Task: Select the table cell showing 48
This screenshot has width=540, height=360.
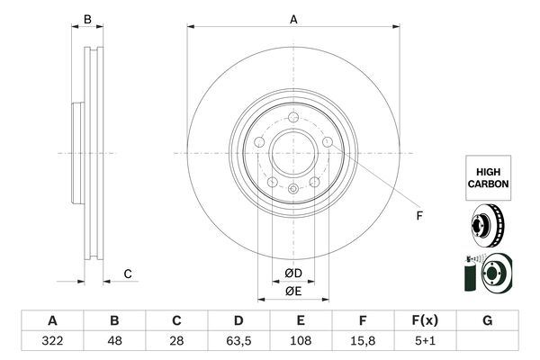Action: click(x=114, y=342)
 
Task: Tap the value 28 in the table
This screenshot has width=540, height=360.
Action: click(x=176, y=342)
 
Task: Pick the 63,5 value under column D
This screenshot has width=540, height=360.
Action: click(x=238, y=342)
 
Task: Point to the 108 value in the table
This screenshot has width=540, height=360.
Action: click(x=301, y=342)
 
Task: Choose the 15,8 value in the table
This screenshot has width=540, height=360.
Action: click(x=364, y=342)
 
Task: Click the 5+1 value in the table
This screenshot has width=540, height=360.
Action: click(x=426, y=342)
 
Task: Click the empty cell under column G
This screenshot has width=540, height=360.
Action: click(x=488, y=342)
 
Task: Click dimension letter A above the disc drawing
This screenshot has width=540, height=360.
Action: click(x=293, y=19)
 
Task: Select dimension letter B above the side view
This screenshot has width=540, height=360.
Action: click(x=87, y=19)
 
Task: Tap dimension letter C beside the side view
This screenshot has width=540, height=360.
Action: click(x=128, y=274)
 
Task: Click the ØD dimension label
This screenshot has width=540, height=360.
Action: click(x=293, y=274)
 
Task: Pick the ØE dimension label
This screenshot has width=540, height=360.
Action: click(x=293, y=291)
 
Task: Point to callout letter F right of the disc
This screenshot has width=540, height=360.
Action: click(x=418, y=216)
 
